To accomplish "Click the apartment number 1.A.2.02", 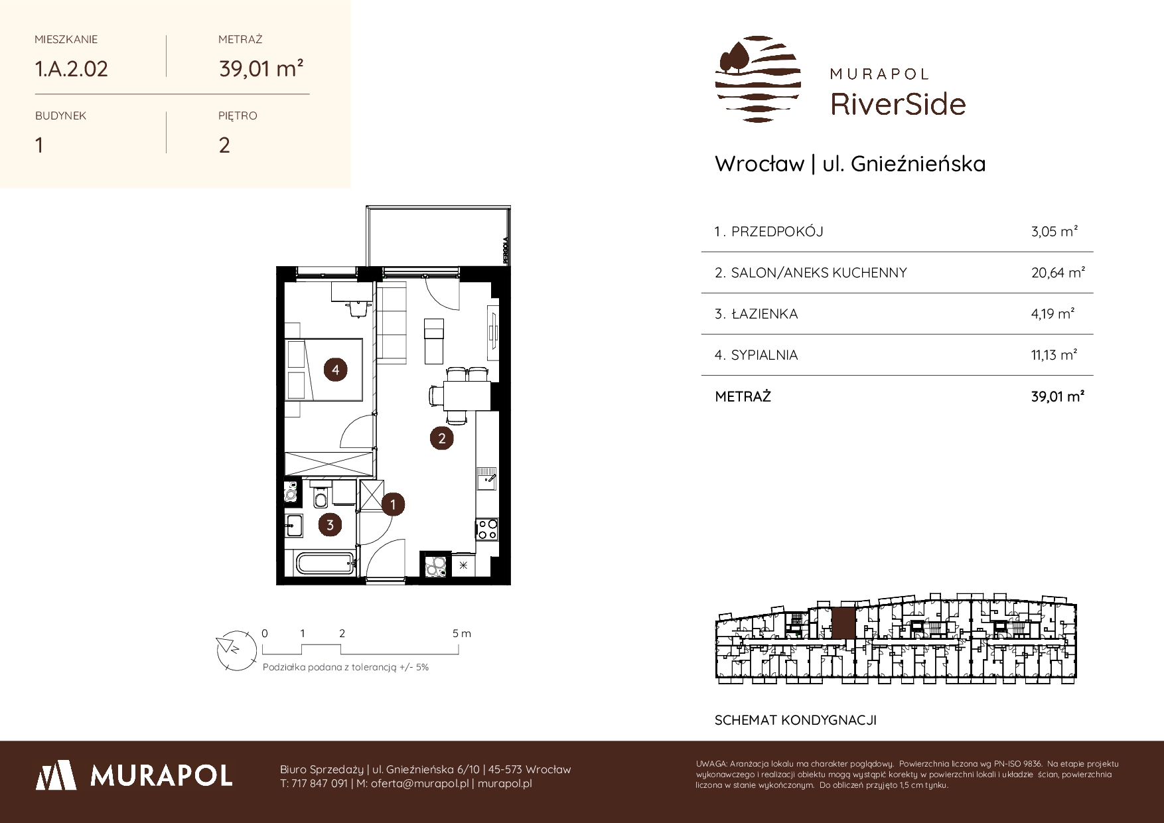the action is coord(71,68).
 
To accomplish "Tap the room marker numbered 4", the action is coord(336,370).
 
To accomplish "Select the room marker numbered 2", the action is coord(441,438).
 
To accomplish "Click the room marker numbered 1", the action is coord(393,504).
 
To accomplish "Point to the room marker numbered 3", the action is coord(329,525).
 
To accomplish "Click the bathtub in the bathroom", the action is coord(325,565).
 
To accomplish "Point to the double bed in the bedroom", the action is coord(324,370).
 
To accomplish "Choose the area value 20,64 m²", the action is coord(1058,272).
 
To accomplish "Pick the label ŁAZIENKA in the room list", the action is coord(764,314).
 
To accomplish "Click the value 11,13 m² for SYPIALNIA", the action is coord(1054,355).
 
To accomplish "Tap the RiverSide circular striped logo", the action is coord(758,79).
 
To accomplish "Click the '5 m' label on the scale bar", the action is coord(462,633).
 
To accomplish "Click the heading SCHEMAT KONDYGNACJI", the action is coord(796,720).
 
